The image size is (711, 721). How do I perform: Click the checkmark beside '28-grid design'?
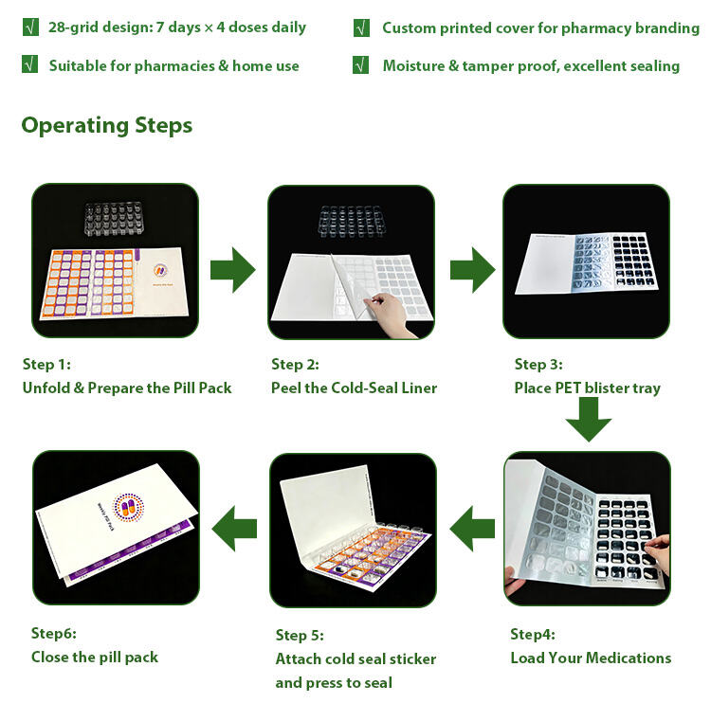(30, 27)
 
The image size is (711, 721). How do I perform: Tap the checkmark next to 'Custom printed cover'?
(361, 28)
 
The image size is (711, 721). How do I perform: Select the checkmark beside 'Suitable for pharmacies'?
(30, 64)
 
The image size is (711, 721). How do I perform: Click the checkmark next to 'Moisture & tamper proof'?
(360, 64)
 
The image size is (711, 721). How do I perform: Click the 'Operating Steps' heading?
(107, 125)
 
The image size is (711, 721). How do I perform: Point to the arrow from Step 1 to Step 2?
(233, 270)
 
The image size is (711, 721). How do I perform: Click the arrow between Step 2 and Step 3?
(473, 270)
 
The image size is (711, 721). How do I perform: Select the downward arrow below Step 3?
(589, 420)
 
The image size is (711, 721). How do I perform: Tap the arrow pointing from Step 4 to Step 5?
(472, 529)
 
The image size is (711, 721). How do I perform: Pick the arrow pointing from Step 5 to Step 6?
(234, 529)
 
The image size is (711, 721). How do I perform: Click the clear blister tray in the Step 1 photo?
(113, 219)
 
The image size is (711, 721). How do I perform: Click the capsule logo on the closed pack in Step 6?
(128, 507)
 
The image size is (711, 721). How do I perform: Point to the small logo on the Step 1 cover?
(160, 270)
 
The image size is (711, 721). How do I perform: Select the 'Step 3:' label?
(538, 365)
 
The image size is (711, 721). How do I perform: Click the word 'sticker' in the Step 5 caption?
(412, 658)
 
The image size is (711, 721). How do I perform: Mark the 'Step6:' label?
(54, 634)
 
